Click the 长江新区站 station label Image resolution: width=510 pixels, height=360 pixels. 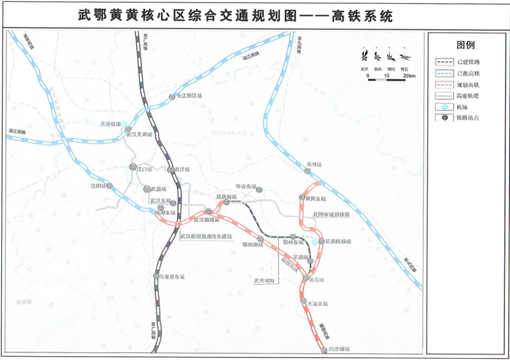tap(189, 96)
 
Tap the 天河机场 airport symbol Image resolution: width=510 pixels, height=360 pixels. tap(125, 126)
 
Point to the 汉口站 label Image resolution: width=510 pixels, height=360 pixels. tap(147, 169)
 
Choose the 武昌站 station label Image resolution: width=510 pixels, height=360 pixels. tap(157, 189)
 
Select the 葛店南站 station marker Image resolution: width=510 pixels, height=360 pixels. tap(226, 202)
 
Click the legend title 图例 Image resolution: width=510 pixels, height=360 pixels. tap(466, 45)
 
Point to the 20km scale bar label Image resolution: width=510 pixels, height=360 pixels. tap(409, 76)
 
